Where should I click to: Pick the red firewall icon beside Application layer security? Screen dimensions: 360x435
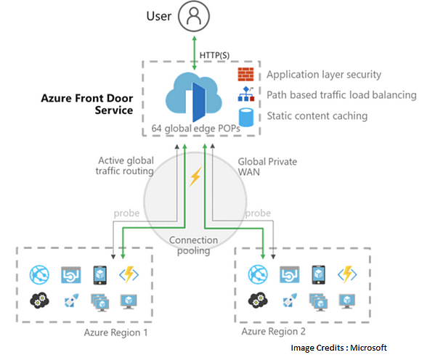pos(246,74)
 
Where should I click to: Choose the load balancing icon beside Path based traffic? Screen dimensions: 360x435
pos(246,95)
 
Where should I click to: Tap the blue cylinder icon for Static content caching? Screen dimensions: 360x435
pos(246,116)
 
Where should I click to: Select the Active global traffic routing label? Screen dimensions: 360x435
pos(124,165)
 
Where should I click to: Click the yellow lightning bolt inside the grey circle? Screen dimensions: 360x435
pos(195,177)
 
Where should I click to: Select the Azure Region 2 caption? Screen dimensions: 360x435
pos(275,332)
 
